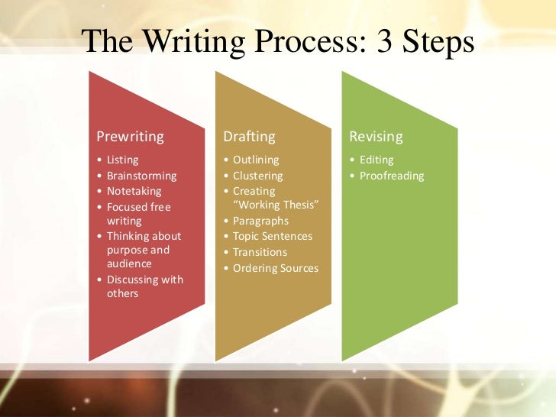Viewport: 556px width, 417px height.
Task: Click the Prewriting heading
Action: point(130,137)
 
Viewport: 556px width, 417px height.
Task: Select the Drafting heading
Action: point(249,137)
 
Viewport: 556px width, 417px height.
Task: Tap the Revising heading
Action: point(376,137)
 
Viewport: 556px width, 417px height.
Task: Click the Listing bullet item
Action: point(122,160)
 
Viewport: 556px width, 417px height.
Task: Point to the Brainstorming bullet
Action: point(141,176)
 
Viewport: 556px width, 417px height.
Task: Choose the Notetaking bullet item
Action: point(134,191)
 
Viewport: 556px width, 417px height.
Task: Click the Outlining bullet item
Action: point(256,160)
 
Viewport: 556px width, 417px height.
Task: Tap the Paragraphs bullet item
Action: point(260,221)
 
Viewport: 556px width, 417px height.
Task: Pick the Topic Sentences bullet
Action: point(273,236)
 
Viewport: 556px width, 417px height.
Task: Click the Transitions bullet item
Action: point(260,252)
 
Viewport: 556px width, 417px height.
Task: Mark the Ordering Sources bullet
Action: point(276,268)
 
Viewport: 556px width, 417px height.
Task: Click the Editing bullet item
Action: point(377,160)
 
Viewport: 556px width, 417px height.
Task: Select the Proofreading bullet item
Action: point(391,176)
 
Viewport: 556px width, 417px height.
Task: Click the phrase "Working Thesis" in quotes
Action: point(275,205)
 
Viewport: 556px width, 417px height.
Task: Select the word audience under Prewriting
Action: point(129,263)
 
